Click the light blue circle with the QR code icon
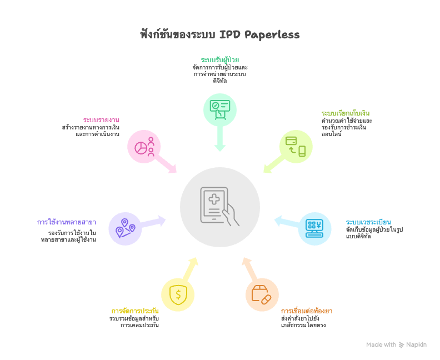(x=314, y=228)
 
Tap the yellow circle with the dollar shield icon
(x=178, y=295)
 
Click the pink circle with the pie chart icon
(x=144, y=147)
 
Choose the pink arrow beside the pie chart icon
(x=167, y=165)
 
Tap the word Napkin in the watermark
(x=416, y=344)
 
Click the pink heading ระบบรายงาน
(x=102, y=120)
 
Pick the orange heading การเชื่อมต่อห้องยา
(x=307, y=310)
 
